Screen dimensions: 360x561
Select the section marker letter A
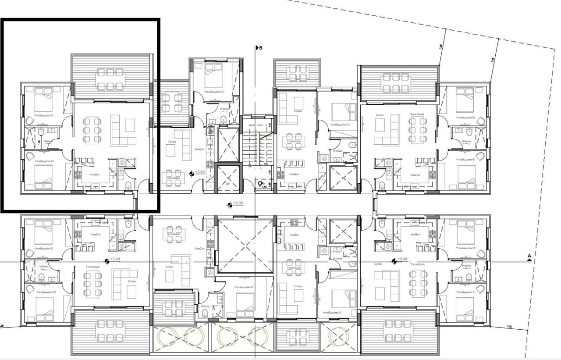click(529, 256)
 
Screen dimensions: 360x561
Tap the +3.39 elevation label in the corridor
click(238, 203)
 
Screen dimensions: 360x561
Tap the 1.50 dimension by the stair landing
click(264, 187)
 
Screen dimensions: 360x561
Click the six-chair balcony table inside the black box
click(110, 78)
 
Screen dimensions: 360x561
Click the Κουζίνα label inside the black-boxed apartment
click(96, 175)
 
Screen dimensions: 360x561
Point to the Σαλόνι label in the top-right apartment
click(380, 115)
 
